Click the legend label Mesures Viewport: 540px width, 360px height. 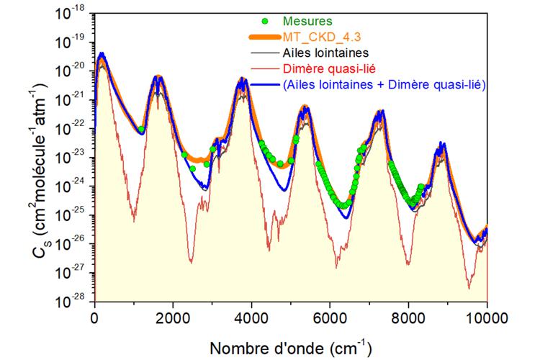pyautogui.click(x=307, y=22)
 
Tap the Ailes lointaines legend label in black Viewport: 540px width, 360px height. pyautogui.click(x=325, y=53)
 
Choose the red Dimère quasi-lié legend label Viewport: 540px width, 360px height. pyautogui.click(x=329, y=68)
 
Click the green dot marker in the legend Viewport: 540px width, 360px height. pyautogui.click(x=265, y=22)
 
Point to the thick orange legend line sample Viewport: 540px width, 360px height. pyautogui.click(x=264, y=37)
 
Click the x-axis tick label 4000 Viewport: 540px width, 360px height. pyautogui.click(x=251, y=318)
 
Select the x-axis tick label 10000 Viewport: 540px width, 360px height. pyautogui.click(x=487, y=318)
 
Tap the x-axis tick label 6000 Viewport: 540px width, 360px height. pyautogui.click(x=330, y=318)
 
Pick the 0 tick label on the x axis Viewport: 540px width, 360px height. pyautogui.click(x=94, y=318)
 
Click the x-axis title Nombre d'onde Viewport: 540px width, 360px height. pyautogui.click(x=266, y=348)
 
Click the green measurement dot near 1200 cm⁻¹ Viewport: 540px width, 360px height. pyautogui.click(x=141, y=129)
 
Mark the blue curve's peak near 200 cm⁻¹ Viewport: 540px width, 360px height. pyautogui.click(x=102, y=53)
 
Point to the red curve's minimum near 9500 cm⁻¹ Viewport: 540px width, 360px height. pyautogui.click(x=469, y=288)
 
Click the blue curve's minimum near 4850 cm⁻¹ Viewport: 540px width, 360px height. pyautogui.click(x=284, y=190)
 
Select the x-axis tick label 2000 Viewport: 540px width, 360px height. pyautogui.click(x=173, y=318)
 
